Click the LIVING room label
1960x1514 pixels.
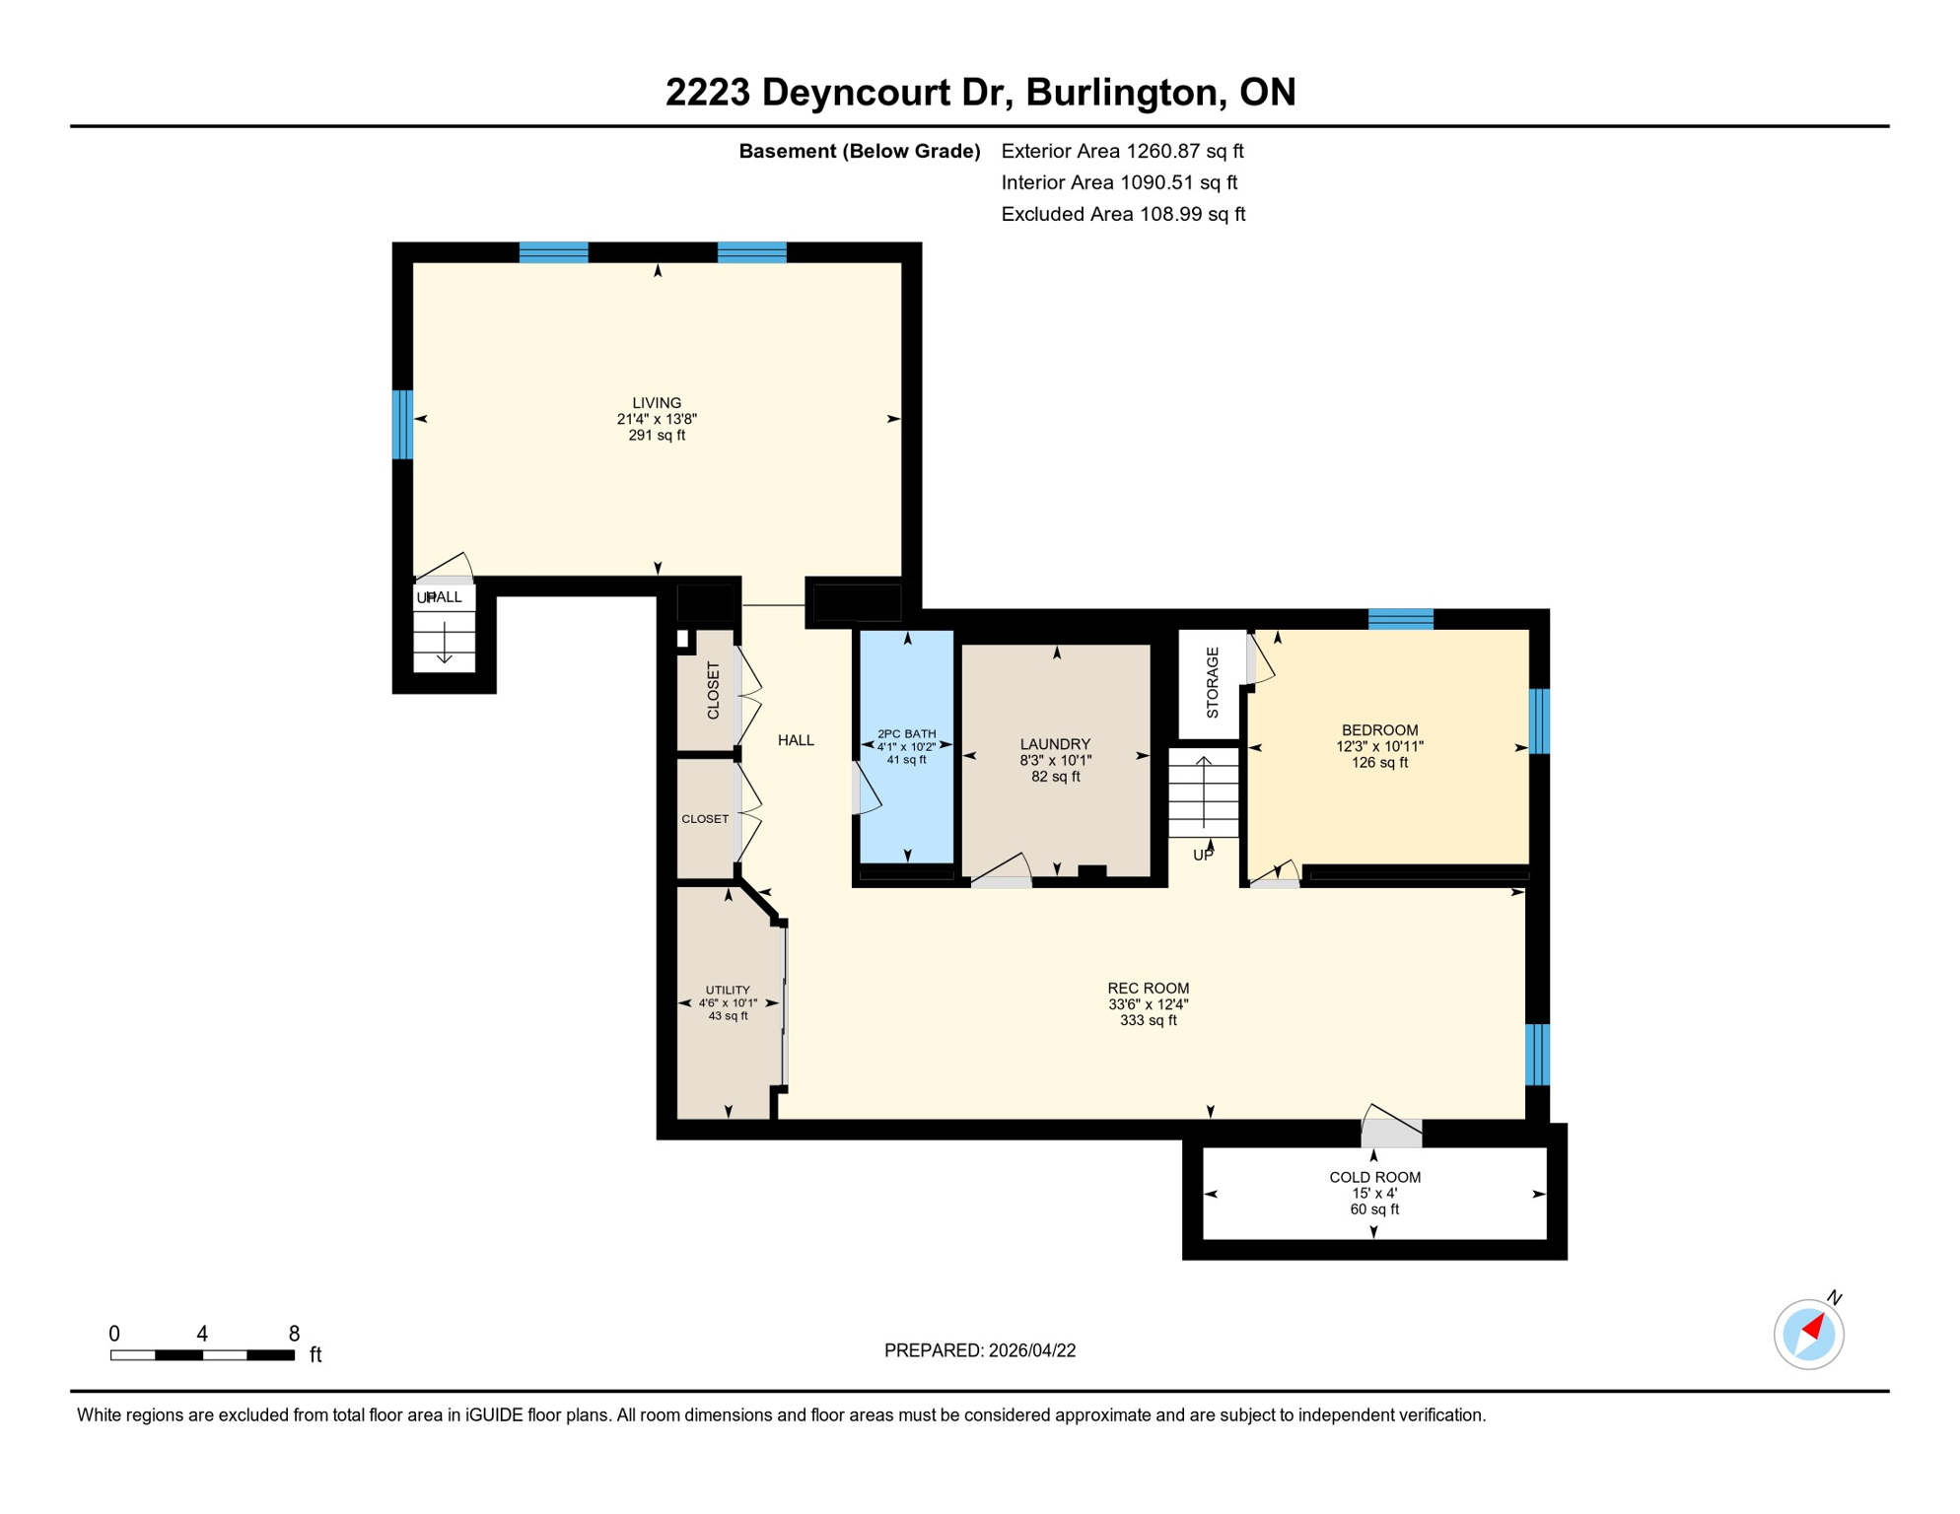(x=657, y=402)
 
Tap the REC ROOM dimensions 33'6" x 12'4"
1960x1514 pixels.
(x=1148, y=1004)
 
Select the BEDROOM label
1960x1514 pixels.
(x=1379, y=730)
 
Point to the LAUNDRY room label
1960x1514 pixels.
(x=1055, y=744)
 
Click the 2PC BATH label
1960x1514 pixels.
(x=906, y=733)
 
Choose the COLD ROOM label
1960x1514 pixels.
(x=1374, y=1177)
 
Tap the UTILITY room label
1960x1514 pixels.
(x=728, y=990)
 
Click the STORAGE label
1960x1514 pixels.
(x=1213, y=682)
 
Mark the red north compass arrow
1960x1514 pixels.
(x=1813, y=1327)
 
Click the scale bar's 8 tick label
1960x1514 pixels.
(x=294, y=1334)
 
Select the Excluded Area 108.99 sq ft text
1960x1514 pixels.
(x=1123, y=214)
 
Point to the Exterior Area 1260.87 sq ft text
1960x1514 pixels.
(x=1122, y=151)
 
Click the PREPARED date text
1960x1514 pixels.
(x=980, y=1350)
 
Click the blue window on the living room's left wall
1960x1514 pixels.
(x=402, y=425)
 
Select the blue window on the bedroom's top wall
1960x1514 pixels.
(x=1400, y=619)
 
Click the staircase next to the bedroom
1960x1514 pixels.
(x=1204, y=792)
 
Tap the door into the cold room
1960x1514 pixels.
(x=1391, y=1132)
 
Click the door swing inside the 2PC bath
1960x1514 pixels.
(x=866, y=789)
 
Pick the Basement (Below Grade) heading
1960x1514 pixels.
(x=859, y=151)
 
